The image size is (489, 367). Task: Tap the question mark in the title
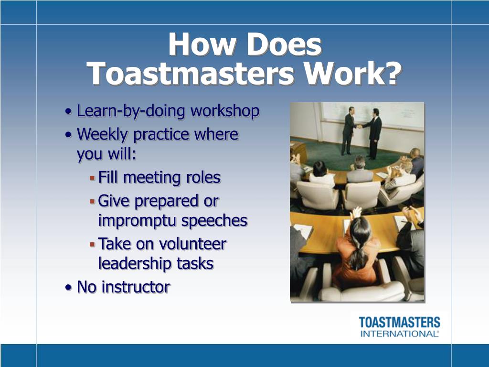click(391, 74)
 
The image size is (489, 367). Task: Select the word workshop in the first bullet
click(225, 111)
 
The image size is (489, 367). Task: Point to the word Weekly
click(103, 135)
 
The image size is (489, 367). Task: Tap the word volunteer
click(192, 244)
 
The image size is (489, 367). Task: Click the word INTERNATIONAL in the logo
click(399, 334)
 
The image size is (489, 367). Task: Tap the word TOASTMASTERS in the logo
click(399, 322)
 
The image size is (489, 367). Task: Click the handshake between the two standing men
click(359, 126)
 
